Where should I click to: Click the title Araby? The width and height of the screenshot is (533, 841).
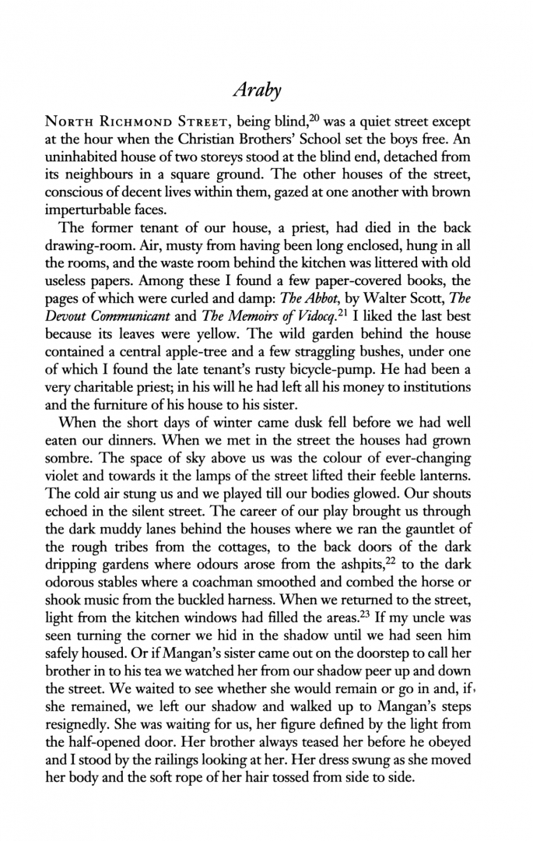266,91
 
